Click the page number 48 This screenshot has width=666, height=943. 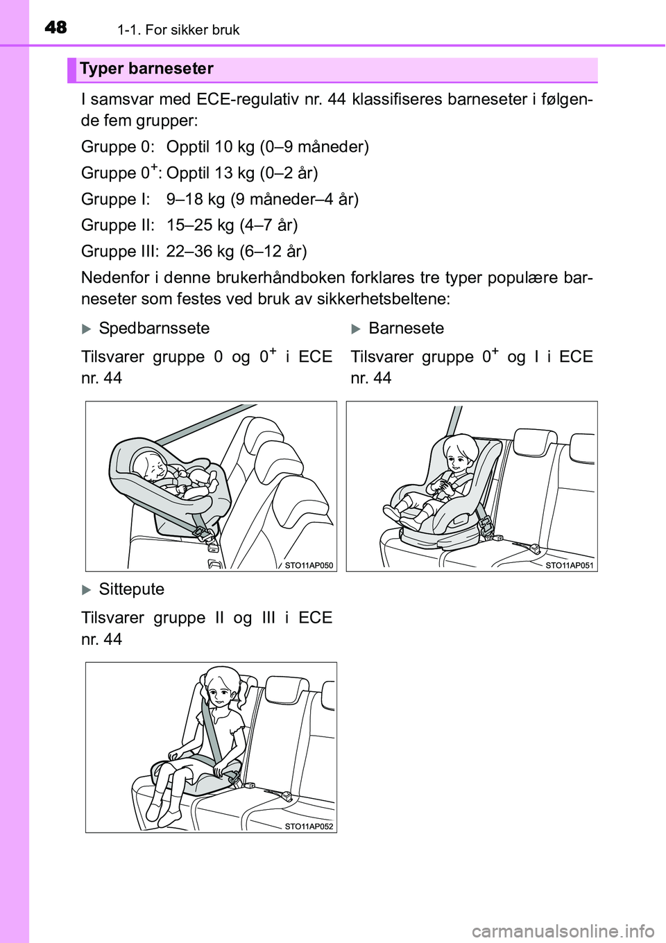pos(55,28)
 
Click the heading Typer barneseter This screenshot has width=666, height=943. pos(146,69)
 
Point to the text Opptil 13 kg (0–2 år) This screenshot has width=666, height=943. pos(242,173)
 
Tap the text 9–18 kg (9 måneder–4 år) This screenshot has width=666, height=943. pos(262,200)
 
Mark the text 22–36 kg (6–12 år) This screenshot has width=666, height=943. pos(237,251)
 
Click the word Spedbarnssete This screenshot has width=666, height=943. pos(154,328)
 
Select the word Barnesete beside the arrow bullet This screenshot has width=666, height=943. pos(406,328)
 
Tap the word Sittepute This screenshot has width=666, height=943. pos(132,589)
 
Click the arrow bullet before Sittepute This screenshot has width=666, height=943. pos(87,590)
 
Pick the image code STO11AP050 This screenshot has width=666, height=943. pos(309,566)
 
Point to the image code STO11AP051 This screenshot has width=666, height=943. pos(570,566)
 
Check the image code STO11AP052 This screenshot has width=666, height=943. pos(309,827)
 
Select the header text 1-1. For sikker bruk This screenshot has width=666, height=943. pos(178,30)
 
